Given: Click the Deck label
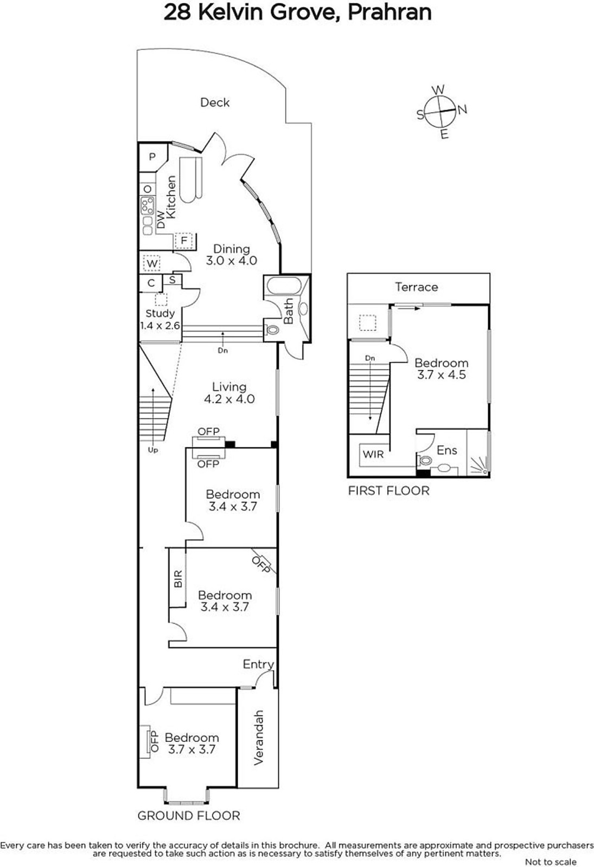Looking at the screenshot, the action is tap(215, 102).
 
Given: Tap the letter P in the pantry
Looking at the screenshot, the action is tap(152, 157).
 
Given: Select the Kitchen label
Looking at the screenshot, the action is tap(171, 197).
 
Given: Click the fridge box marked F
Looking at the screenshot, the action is tap(184, 241).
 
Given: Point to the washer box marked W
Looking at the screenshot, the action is tap(152, 263).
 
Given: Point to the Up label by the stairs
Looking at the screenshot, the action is tap(153, 450).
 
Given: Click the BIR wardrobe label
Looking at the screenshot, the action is tap(178, 579).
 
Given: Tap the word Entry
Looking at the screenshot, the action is tap(258, 664).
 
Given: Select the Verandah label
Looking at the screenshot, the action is tap(258, 737).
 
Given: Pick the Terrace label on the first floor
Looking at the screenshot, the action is tap(417, 287).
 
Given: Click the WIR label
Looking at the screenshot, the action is tap(373, 455).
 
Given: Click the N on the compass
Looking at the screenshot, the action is tap(462, 109).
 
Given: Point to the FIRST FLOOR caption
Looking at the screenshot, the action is tap(389, 491).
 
